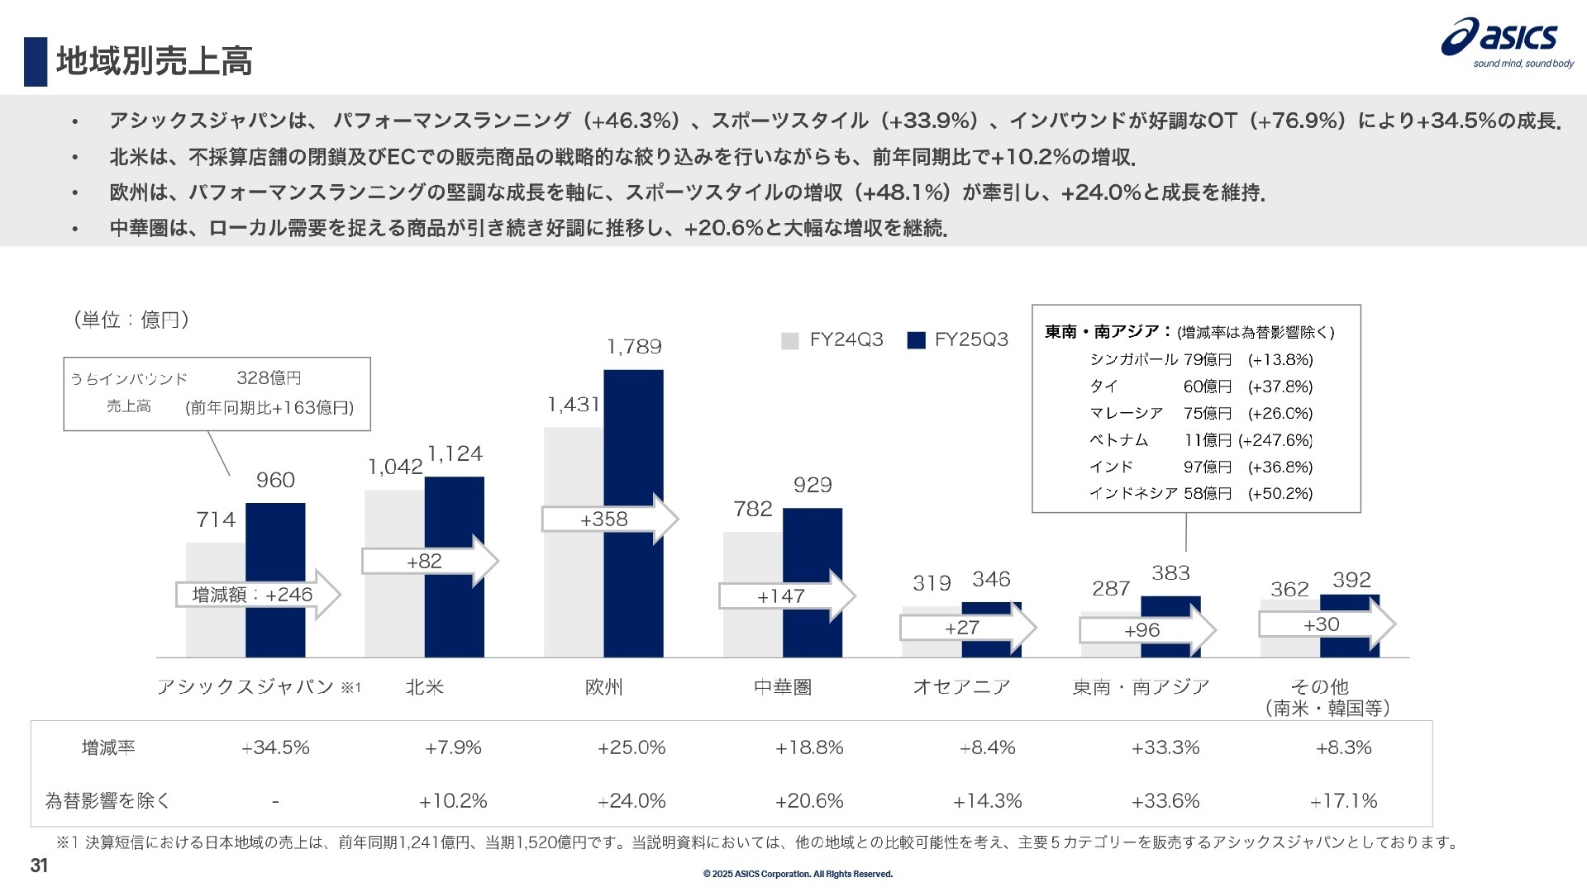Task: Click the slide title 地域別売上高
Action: tap(154, 61)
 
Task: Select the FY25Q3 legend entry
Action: tap(958, 340)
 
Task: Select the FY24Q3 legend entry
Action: tap(833, 340)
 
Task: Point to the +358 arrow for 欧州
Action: tap(608, 520)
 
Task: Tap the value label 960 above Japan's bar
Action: tap(275, 480)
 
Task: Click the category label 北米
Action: tap(425, 687)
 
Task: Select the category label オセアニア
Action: tap(961, 687)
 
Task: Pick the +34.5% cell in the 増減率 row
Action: tap(275, 748)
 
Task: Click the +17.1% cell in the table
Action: tap(1344, 801)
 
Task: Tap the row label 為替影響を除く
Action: tap(107, 801)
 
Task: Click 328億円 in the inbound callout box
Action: tap(269, 378)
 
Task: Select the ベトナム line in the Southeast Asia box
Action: tap(1118, 440)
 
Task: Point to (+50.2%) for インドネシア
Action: tap(1280, 494)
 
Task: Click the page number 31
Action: tap(39, 866)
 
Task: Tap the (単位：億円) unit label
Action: tap(131, 320)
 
